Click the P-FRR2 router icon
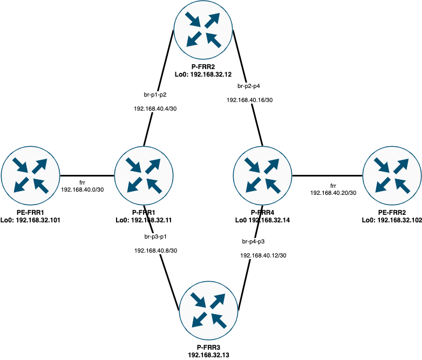point(203,30)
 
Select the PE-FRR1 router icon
point(30,176)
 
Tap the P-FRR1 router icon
point(144,176)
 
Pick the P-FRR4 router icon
point(262,176)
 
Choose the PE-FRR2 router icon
point(392,176)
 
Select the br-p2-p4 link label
point(249,85)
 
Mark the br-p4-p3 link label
point(253,241)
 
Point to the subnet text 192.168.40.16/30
point(249,100)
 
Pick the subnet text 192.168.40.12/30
point(263,255)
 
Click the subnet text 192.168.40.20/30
point(333,193)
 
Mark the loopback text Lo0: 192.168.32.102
point(392,220)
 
